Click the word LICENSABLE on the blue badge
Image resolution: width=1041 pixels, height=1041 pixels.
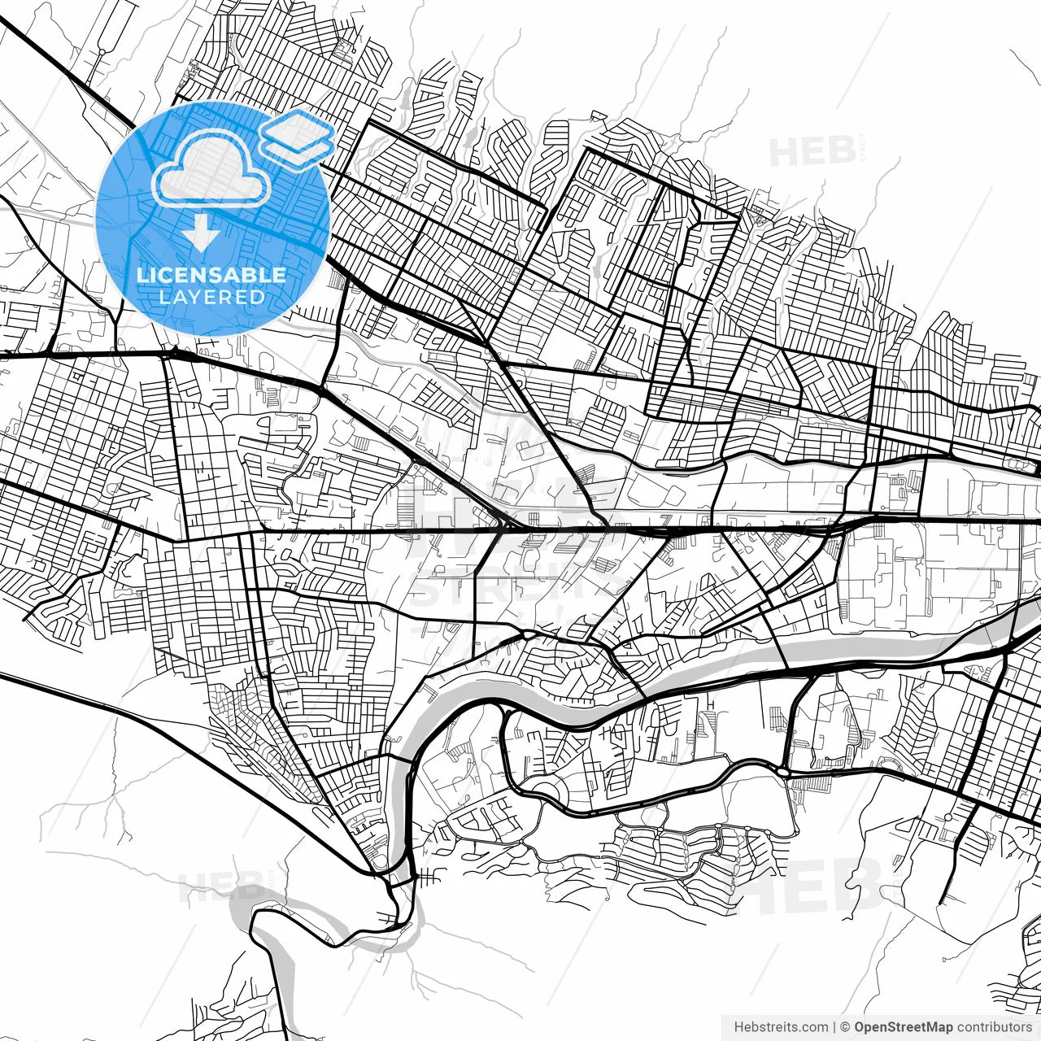(x=211, y=275)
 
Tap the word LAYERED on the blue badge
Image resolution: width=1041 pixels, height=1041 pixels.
(x=211, y=297)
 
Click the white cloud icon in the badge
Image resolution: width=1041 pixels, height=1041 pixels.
(x=211, y=169)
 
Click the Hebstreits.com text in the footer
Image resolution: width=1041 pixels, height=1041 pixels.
(x=781, y=1027)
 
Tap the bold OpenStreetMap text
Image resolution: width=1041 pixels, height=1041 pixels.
(x=904, y=1027)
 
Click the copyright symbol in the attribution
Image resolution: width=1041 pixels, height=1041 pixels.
(x=846, y=1027)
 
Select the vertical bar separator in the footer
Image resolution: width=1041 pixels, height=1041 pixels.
(x=835, y=1027)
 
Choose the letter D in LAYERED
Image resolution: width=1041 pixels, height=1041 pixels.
(x=257, y=297)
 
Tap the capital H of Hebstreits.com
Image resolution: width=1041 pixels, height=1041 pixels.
(x=738, y=1027)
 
